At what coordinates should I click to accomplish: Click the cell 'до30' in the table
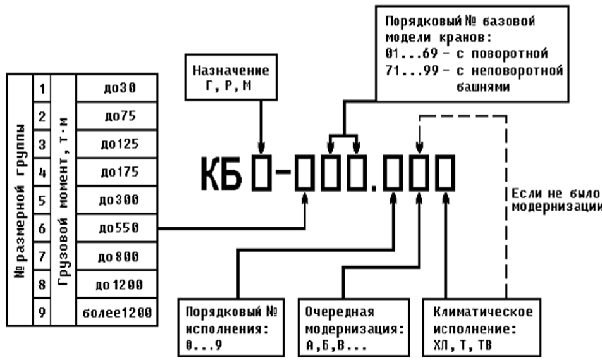(117, 88)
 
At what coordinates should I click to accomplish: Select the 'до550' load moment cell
(117, 228)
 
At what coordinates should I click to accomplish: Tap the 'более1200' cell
(117, 313)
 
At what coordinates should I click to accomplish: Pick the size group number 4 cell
(42, 172)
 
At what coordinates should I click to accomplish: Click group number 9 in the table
(42, 313)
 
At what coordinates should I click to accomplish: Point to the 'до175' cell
(117, 172)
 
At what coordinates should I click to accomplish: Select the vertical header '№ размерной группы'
(20, 201)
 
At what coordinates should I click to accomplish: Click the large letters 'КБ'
(221, 174)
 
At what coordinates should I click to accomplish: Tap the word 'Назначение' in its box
(231, 71)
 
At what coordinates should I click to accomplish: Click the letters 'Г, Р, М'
(229, 85)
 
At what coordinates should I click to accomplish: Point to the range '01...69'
(411, 53)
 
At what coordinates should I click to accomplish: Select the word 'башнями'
(483, 87)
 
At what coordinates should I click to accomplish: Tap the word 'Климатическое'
(483, 311)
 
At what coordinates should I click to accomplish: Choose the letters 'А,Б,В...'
(336, 345)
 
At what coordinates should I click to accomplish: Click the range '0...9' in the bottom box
(204, 345)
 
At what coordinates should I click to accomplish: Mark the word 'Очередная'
(340, 311)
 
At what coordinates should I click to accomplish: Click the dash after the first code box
(283, 172)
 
